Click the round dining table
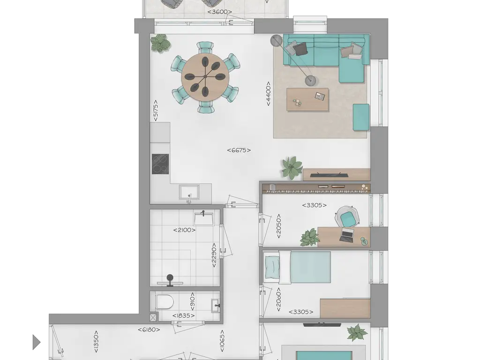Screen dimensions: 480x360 205,77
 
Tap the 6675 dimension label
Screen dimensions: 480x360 239,150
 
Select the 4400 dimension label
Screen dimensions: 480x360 268,94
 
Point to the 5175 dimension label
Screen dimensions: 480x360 156,110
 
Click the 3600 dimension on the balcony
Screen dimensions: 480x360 219,12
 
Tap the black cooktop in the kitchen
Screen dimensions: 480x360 160,164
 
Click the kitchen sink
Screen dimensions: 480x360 189,193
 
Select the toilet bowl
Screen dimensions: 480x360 165,301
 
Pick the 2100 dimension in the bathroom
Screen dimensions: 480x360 184,230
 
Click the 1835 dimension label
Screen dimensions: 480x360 183,315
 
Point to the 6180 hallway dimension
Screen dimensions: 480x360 149,330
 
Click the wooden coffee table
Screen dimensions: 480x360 307,99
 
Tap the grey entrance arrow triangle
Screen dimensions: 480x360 37,342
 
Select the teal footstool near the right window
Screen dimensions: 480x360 361,118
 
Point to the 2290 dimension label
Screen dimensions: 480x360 214,255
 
